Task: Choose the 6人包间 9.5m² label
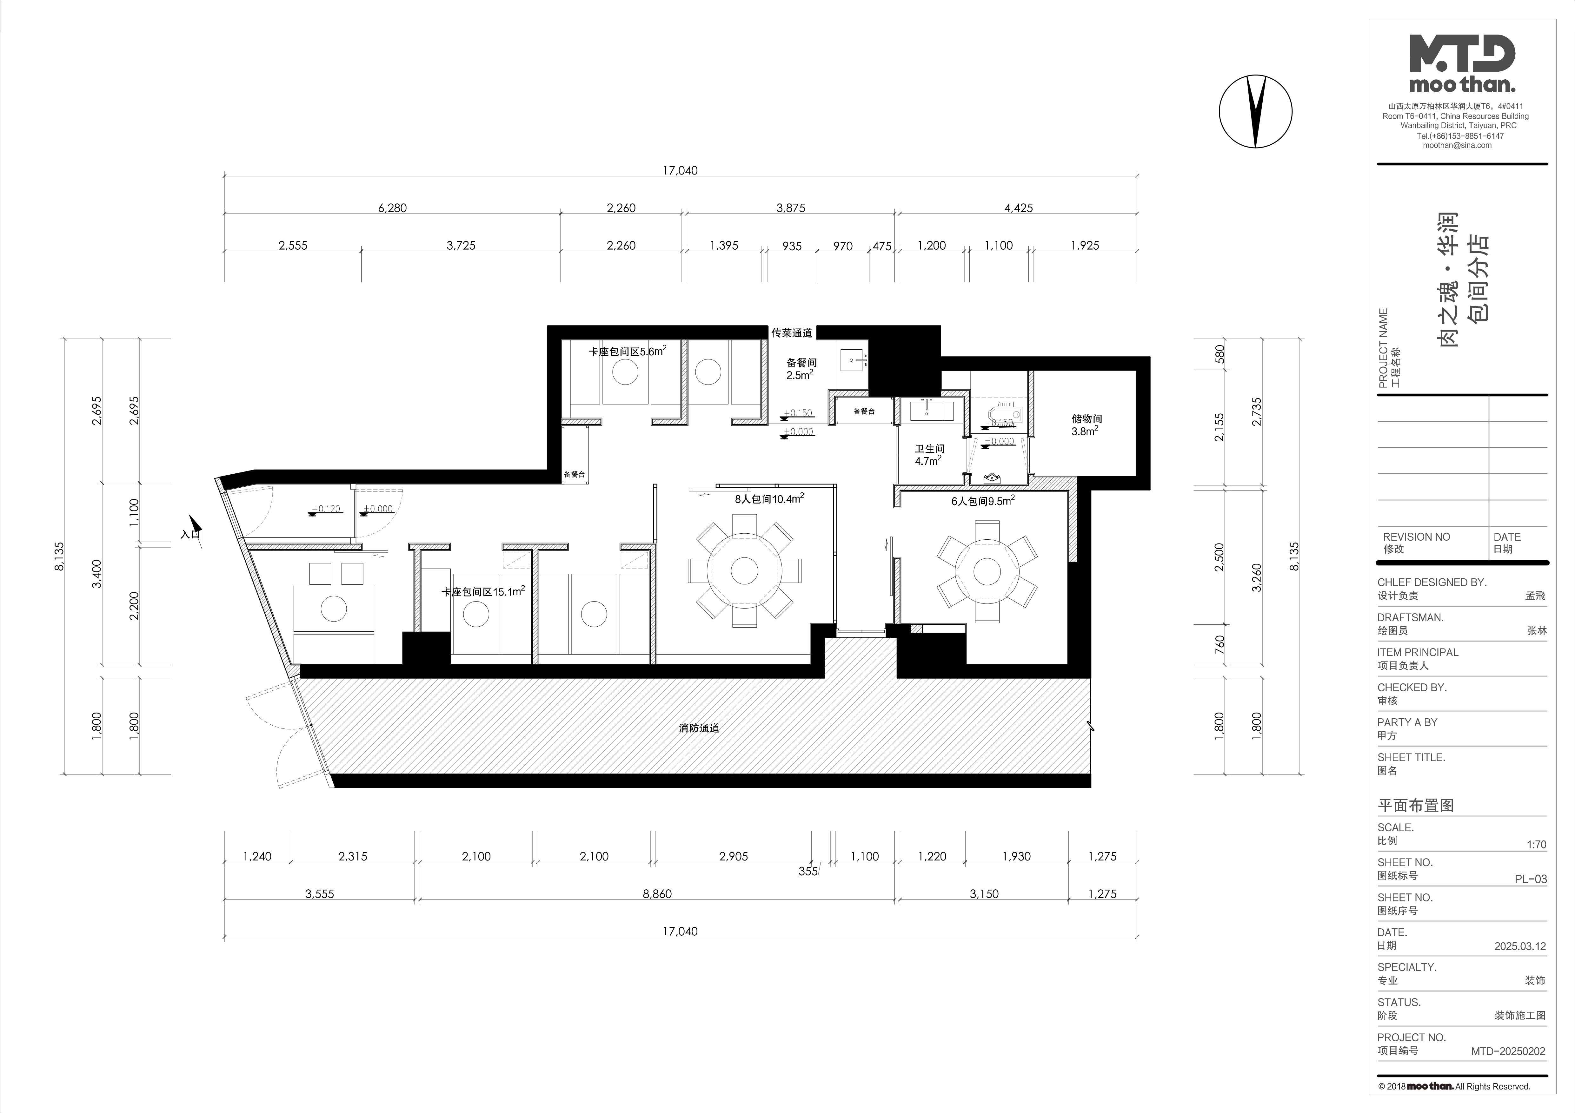(982, 501)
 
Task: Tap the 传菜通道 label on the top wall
(792, 333)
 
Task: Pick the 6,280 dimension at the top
(392, 208)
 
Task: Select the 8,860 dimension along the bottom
(657, 893)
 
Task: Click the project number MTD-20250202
(1508, 1051)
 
